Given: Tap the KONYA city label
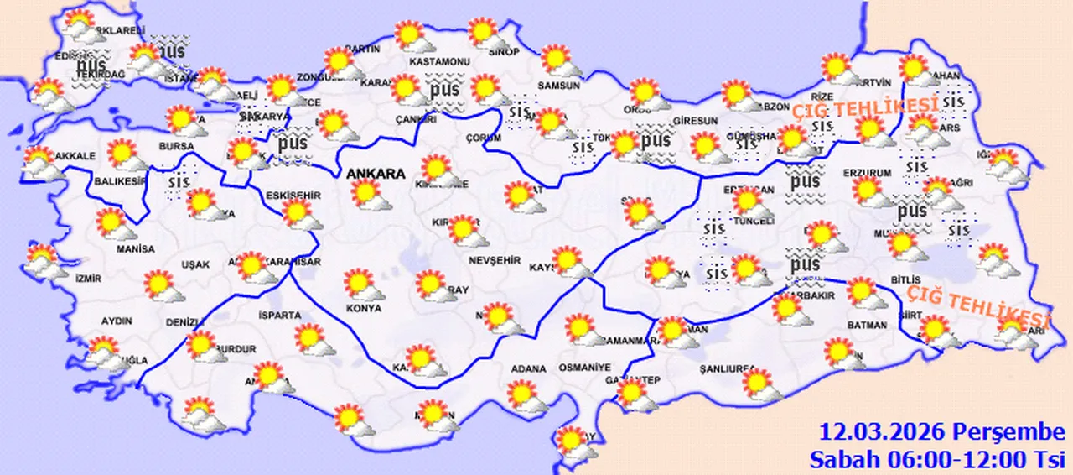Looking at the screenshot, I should pos(363,308).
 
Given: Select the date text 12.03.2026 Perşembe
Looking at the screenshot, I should pos(942,434).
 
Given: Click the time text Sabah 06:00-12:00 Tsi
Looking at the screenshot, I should pos(936,459).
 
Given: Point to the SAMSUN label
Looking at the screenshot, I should pos(559,85).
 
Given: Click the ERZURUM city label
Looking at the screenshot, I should pos(867,173).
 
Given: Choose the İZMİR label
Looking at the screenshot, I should pos(88,278).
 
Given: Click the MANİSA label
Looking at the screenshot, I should pos(137,249).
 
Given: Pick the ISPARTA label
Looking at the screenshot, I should pos(281,316).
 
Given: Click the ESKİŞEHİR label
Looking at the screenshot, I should pos(293,196).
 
